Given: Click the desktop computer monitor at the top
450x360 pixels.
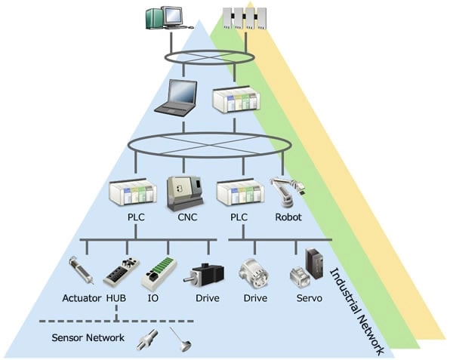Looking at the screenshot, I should pos(163,17).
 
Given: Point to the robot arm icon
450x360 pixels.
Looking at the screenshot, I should pos(287,192).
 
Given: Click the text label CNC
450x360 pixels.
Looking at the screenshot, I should pos(186,217).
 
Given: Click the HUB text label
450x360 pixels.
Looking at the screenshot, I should pos(116,298).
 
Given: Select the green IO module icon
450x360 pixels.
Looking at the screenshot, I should pos(158,271).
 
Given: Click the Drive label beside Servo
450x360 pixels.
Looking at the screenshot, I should pos(255,298).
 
